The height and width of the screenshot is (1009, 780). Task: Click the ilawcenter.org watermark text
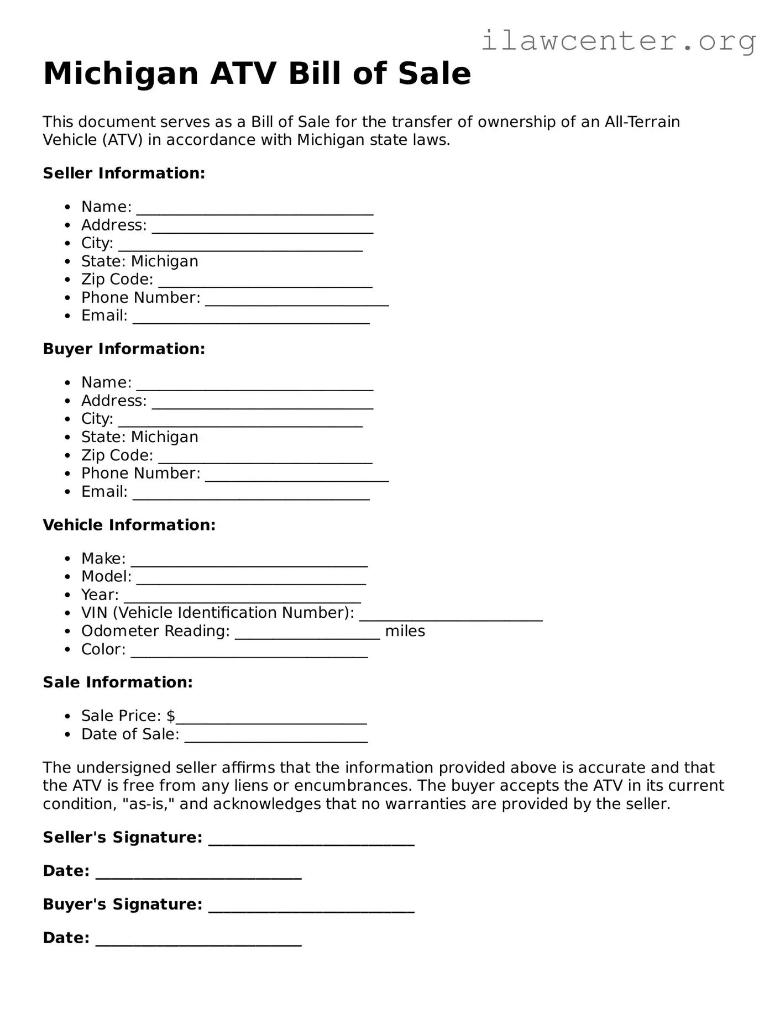click(x=619, y=41)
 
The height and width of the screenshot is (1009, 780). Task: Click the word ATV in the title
click(x=243, y=73)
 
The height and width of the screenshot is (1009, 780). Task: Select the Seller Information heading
click(x=124, y=173)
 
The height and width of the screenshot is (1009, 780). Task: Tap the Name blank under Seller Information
click(x=255, y=209)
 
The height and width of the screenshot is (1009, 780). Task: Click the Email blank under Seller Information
click(x=251, y=319)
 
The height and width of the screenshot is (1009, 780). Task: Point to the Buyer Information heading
click(x=124, y=349)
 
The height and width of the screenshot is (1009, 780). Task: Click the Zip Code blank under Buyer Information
click(x=265, y=458)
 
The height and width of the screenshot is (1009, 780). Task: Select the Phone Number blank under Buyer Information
click(x=297, y=476)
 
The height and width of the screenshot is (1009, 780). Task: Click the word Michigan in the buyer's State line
click(x=165, y=437)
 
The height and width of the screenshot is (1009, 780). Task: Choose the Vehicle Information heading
click(x=129, y=525)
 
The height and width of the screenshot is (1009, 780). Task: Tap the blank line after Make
click(x=249, y=561)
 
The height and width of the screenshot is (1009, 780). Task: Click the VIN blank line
click(x=451, y=616)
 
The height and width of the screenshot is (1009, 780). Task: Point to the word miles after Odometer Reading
click(x=405, y=631)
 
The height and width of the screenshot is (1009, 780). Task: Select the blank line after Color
click(x=249, y=653)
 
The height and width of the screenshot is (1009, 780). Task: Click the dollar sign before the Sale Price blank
click(x=170, y=716)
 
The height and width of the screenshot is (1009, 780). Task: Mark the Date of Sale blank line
click(x=276, y=737)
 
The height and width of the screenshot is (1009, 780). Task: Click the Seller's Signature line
click(x=311, y=840)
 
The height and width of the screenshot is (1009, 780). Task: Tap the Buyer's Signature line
click(x=311, y=907)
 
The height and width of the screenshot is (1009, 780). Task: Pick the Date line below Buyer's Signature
click(x=198, y=941)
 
